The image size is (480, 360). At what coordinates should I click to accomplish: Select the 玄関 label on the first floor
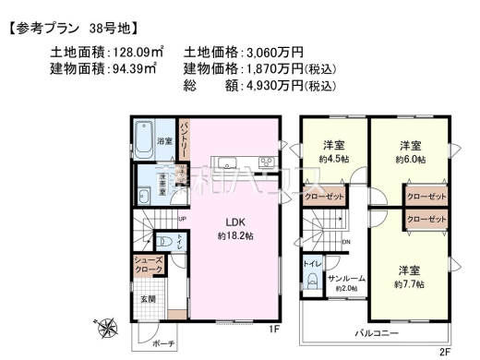[x=148, y=298]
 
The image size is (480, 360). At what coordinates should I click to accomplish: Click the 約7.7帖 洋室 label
[x=410, y=277]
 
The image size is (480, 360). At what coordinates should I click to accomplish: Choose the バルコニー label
[x=378, y=330]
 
